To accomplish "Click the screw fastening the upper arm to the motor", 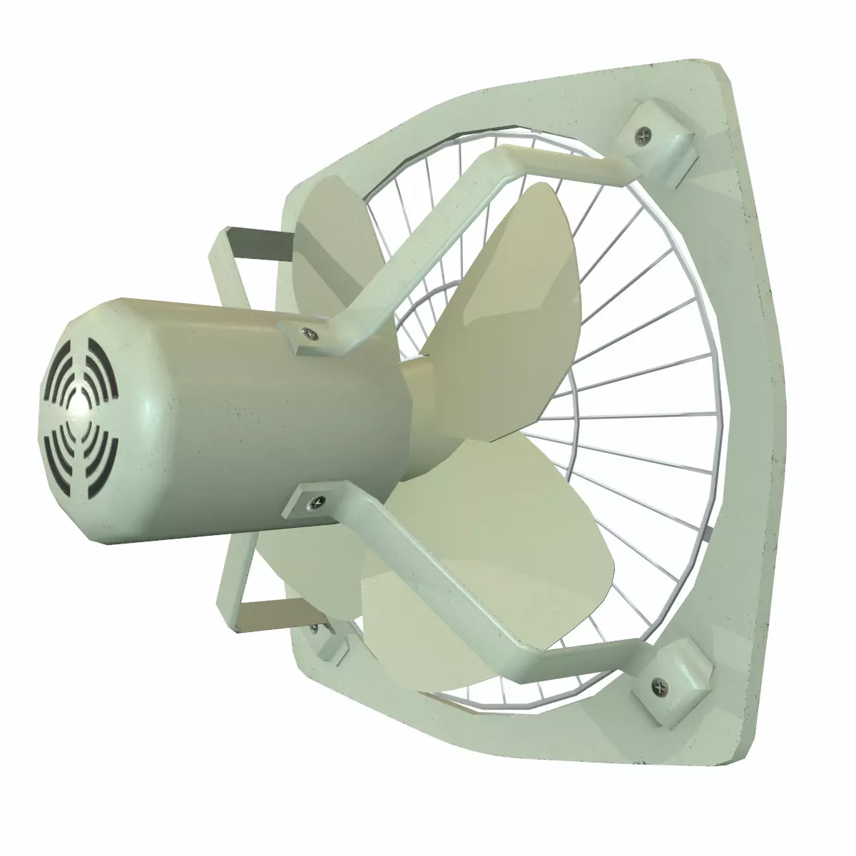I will click(305, 332).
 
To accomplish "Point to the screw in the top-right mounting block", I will click(646, 131).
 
